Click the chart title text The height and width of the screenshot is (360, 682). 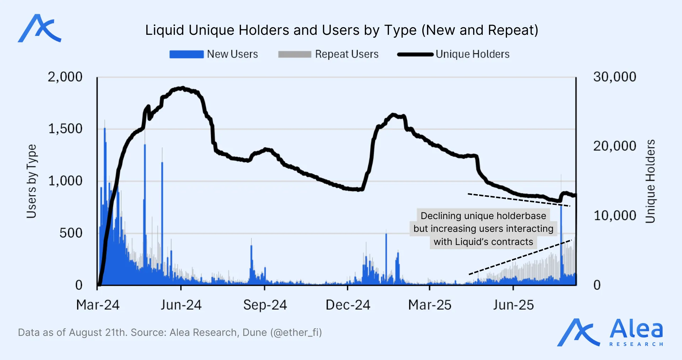(342, 30)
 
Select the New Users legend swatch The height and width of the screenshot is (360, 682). (186, 54)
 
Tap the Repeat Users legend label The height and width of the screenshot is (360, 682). (347, 54)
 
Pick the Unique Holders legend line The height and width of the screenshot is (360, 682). (415, 54)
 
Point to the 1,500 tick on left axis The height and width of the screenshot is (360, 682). (65, 129)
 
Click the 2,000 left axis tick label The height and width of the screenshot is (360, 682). (65, 77)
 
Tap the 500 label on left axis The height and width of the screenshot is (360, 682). (71, 233)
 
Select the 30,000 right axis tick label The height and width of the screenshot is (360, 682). (615, 77)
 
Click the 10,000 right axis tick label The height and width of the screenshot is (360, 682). (615, 216)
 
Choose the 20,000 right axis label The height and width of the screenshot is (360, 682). (615, 146)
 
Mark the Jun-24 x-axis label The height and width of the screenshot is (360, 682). (181, 305)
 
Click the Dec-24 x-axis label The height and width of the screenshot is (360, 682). (348, 305)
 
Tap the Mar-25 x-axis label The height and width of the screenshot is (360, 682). (430, 305)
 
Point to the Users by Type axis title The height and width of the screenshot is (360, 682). (31, 181)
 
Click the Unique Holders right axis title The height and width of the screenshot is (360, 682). (650, 181)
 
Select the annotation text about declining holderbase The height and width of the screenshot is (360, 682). (483, 229)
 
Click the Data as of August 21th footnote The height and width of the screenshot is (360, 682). (170, 333)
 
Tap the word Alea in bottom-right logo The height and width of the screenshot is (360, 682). (636, 329)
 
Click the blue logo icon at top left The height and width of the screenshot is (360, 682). (39, 28)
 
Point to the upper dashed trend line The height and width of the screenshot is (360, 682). (519, 200)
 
